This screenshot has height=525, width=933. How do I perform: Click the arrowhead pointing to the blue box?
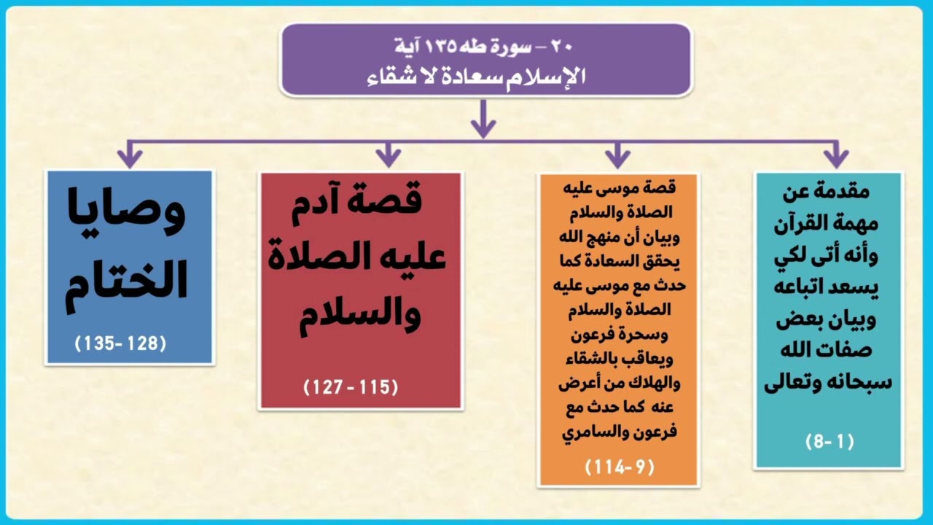coord(130,156)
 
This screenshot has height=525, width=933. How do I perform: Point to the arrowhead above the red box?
coord(389,156)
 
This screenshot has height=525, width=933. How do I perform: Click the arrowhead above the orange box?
coord(617,156)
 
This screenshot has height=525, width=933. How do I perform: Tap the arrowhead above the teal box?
coord(835,156)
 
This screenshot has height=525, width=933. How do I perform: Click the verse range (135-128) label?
coord(121,343)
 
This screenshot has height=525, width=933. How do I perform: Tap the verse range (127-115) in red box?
coord(351,387)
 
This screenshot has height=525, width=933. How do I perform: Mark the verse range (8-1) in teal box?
coord(829,441)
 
